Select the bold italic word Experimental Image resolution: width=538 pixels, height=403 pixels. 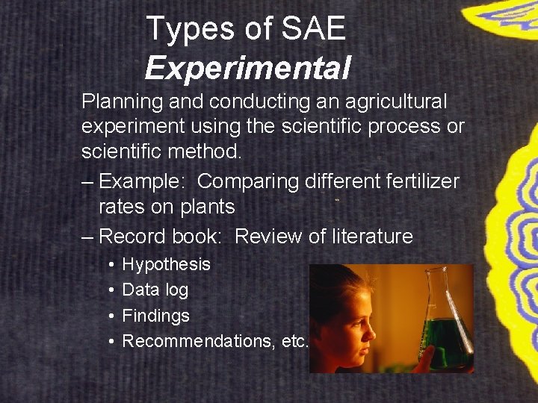click(247, 68)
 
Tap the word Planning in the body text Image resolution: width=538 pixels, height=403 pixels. click(117, 101)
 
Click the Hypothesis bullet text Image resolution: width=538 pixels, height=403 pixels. click(166, 264)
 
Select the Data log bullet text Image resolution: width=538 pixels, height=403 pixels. click(155, 290)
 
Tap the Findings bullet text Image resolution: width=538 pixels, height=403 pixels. click(155, 316)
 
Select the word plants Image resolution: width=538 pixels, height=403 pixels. click(204, 207)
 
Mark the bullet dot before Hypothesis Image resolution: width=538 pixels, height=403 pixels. click(110, 265)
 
